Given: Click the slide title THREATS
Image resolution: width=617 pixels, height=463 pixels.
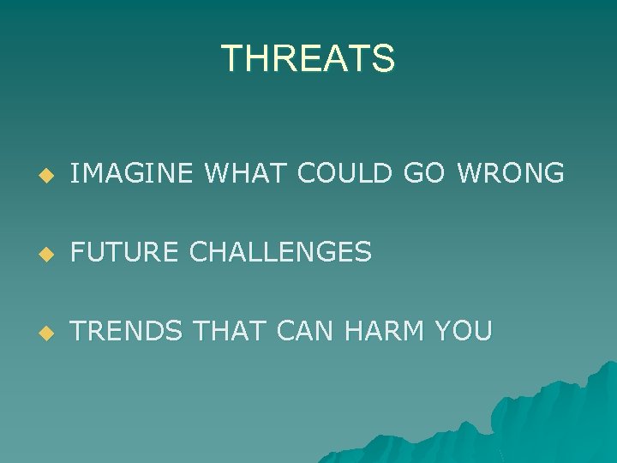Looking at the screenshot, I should (x=308, y=58).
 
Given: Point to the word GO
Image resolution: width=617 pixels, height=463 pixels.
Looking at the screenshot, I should (x=424, y=174).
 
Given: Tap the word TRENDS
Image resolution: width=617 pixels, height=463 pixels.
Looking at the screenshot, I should (x=126, y=330).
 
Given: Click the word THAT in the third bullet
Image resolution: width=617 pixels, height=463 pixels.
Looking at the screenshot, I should (x=225, y=330).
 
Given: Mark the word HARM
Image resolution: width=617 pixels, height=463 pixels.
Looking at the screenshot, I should (x=385, y=330).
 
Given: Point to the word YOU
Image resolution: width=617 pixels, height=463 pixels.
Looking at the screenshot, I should (x=464, y=330).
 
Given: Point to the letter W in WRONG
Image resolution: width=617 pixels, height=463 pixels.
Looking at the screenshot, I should (x=471, y=174).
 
